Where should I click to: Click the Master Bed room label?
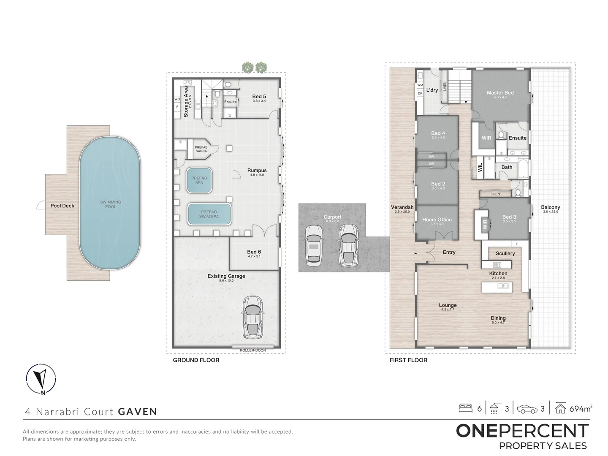500,93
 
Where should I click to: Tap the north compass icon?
41,378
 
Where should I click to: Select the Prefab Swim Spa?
209,214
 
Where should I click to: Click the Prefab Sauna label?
201,149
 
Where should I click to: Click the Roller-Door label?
253,350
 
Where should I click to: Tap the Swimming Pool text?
111,204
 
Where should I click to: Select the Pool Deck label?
62,206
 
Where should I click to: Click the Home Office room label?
437,220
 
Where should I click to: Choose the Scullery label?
505,253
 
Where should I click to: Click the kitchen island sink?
502,286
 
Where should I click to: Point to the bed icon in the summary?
465,408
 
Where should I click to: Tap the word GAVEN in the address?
138,412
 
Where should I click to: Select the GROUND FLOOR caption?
196,360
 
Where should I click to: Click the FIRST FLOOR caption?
408,360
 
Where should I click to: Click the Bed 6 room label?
254,252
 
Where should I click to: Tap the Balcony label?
550,207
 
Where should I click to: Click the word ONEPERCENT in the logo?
522,431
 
